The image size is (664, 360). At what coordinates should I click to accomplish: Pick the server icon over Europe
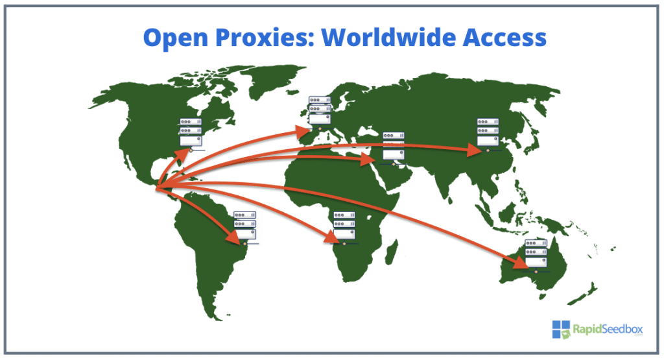coord(319,112)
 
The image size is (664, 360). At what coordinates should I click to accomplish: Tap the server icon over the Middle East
coord(393,147)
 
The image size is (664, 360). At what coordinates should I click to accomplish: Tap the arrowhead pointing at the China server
coord(477,150)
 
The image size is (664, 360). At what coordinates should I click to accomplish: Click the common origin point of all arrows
coord(157,188)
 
